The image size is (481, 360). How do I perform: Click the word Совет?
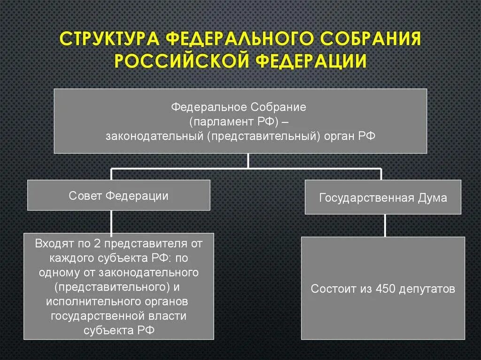pos(85,196)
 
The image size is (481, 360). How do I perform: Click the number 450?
pos(386,289)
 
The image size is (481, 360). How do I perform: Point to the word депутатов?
pos(427,289)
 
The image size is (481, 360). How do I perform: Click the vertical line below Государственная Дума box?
pos(385,225)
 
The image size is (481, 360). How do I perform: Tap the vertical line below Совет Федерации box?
pos(111,222)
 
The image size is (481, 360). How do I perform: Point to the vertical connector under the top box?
pos(248,160)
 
